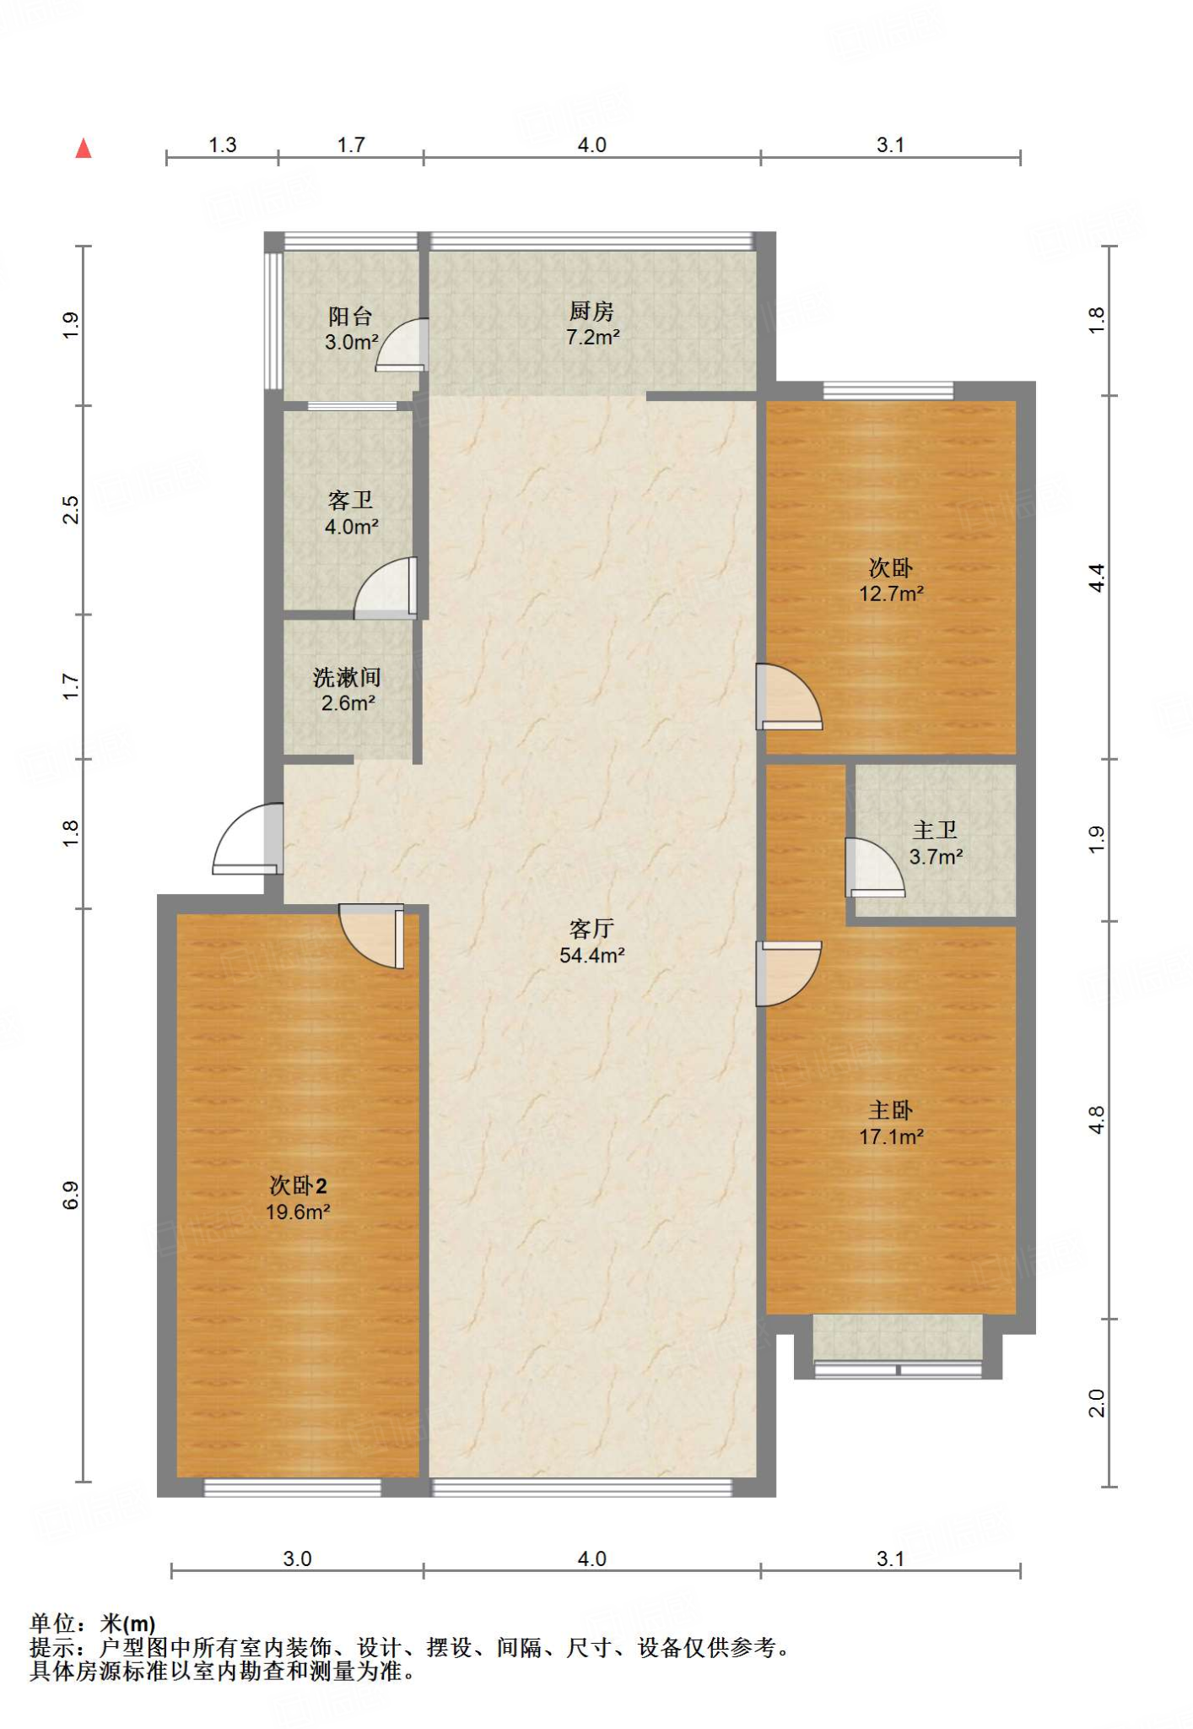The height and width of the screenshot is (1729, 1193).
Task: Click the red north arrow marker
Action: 83,149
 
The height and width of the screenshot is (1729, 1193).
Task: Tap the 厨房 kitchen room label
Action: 591,312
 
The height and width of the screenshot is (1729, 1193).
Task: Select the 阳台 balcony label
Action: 350,317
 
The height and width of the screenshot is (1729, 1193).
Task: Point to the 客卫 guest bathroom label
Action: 350,501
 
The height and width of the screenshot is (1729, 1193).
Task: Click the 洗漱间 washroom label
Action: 347,677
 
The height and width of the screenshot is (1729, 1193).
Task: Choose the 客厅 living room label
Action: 591,929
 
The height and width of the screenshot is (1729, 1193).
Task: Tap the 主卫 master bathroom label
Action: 935,830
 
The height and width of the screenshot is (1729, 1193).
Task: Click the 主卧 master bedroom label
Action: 891,1110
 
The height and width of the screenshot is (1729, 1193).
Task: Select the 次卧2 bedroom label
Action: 298,1185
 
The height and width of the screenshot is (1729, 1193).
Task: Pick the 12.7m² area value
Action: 891,593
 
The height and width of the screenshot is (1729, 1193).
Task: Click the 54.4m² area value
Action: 591,955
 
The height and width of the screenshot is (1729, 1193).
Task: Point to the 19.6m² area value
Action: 298,1211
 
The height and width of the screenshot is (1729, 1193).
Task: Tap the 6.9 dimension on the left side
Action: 71,1195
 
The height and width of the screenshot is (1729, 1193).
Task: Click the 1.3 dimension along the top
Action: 223,145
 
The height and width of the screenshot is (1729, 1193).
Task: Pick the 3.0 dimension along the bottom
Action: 297,1558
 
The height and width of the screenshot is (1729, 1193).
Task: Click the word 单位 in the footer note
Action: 52,1623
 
